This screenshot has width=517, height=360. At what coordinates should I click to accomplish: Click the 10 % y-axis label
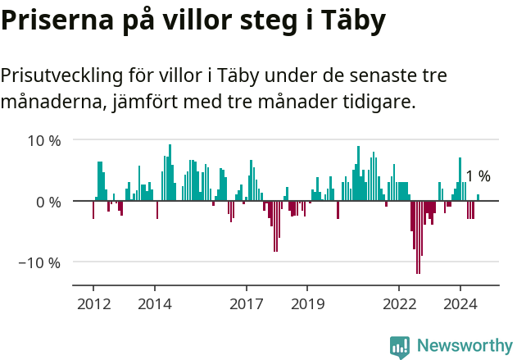pyautogui.click(x=44, y=140)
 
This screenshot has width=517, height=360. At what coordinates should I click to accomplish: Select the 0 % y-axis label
pyautogui.click(x=48, y=202)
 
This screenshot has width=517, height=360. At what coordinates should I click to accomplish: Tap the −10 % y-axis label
pyautogui.click(x=40, y=263)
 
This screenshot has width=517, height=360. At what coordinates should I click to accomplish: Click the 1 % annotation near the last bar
pyautogui.click(x=478, y=176)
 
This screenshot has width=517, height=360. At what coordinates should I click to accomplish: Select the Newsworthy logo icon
pyautogui.click(x=400, y=346)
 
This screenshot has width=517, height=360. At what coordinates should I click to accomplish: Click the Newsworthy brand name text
pyautogui.click(x=464, y=346)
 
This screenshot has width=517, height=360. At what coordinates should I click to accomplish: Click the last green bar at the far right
pyautogui.click(x=478, y=198)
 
